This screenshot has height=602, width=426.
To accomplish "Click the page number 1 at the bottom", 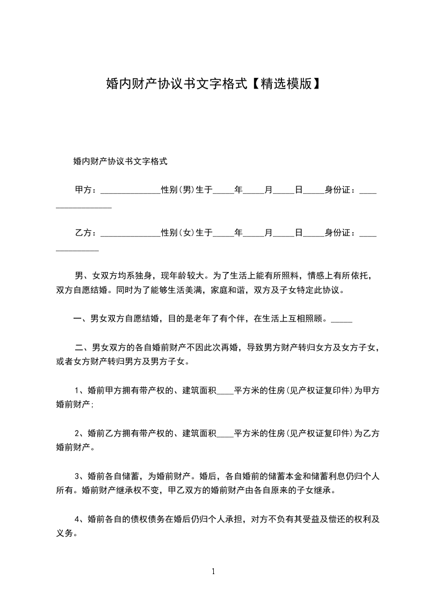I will click(x=213, y=571).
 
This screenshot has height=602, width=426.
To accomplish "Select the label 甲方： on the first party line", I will click(x=86, y=190).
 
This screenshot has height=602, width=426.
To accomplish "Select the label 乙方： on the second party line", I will click(x=86, y=233).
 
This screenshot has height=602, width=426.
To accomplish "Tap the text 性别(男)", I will click(x=177, y=190).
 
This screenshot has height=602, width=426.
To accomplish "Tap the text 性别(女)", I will click(x=177, y=233).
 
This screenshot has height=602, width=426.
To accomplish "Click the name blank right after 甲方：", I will click(x=131, y=192).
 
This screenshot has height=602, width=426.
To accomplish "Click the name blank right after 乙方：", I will click(x=131, y=235).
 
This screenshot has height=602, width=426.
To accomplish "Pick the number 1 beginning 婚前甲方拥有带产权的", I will click(x=77, y=390).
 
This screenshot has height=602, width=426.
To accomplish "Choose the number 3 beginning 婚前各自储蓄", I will click(x=77, y=475).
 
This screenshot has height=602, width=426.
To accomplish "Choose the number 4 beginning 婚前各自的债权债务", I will click(x=77, y=519).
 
